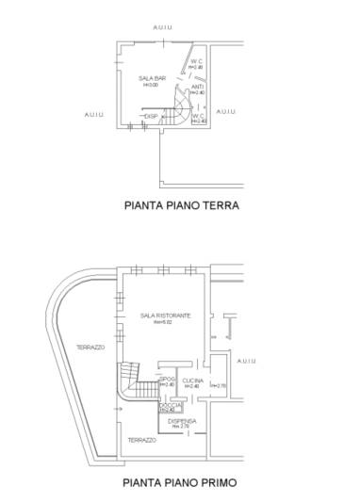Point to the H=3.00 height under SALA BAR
tap(150, 85)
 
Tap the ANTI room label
tap(197, 87)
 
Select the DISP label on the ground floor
tap(150, 116)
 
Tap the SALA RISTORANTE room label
tap(165, 315)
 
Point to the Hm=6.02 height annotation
tap(165, 322)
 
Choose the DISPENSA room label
tap(182, 420)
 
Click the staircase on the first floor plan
tap(141, 387)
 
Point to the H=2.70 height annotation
tap(219, 385)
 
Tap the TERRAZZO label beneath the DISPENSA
tap(142, 440)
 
